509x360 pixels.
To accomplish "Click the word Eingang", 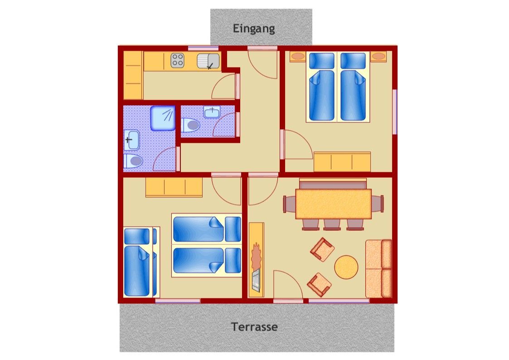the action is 254,29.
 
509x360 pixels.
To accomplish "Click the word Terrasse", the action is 254,326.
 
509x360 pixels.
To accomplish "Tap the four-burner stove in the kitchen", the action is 178,60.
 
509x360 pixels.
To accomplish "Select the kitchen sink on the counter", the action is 208,61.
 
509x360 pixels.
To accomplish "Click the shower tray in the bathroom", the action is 163,118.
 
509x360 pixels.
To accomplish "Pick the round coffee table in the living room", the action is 346,267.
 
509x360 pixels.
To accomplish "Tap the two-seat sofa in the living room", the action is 378,268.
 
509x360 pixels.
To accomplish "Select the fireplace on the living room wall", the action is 256,260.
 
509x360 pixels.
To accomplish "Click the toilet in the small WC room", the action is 190,125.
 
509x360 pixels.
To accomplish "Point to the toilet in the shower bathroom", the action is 133,161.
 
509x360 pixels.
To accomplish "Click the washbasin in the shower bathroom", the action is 131,140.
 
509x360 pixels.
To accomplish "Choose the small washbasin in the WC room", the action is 212,112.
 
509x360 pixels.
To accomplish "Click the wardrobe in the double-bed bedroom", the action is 342,162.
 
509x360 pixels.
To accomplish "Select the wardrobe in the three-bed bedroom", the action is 174,187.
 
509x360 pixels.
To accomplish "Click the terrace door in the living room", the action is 288,286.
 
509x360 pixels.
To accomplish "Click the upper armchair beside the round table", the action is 322,249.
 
